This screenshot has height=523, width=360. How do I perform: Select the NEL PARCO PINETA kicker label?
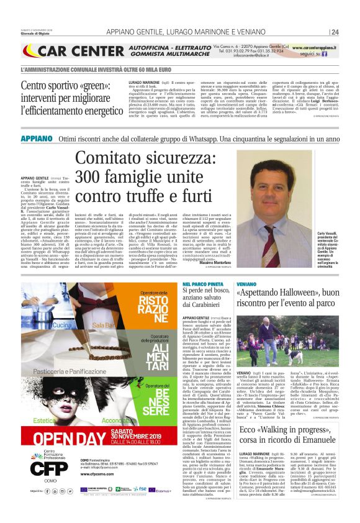198,284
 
